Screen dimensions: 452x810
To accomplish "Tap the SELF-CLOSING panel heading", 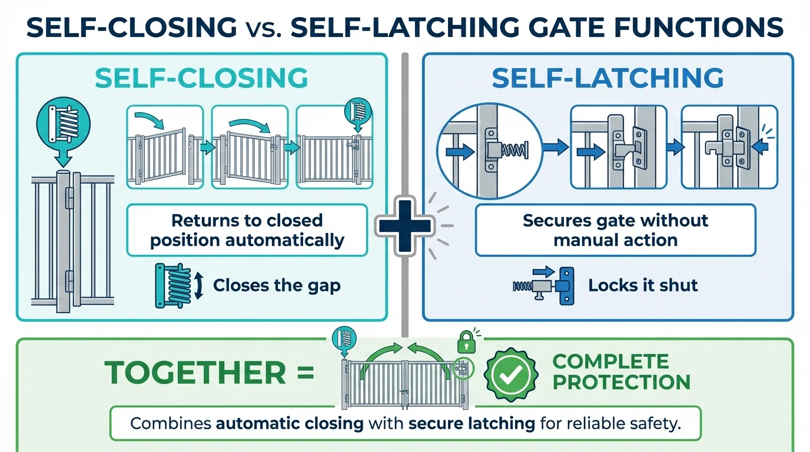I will pos(201,78).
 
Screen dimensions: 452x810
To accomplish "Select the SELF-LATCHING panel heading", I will pos(608,78).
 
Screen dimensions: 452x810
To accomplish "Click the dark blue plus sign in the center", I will pos(405,225).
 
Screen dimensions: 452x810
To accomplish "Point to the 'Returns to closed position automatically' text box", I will pos(247,230).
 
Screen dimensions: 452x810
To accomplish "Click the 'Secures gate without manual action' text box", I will pos(615,230).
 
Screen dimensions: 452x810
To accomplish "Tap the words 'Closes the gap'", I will pos(277,285).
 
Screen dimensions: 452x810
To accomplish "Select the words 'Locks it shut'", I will pos(643,285).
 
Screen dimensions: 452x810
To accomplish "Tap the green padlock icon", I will pos(466,341).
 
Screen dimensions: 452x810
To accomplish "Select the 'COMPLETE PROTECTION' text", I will pos(621,371).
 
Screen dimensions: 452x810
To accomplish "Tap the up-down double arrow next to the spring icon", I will pos(198,285).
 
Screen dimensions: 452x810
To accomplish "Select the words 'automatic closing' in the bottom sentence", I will pos(290,424).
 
